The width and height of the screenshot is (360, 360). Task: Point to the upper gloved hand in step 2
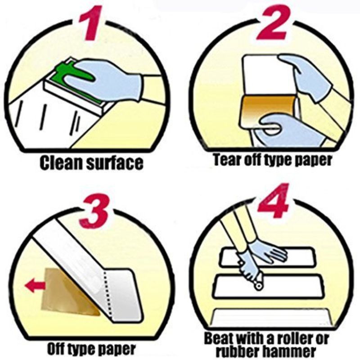[306, 72]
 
